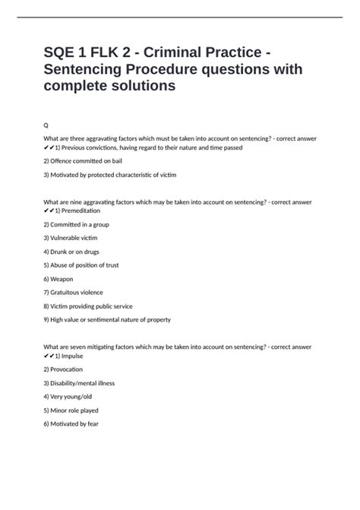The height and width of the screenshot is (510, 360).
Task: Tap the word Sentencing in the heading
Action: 87,69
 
